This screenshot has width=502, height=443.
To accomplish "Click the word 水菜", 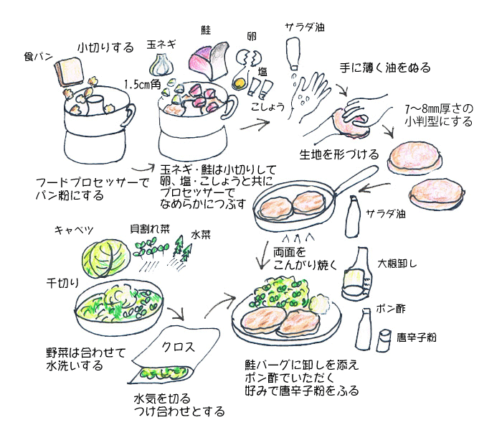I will tap(200, 235).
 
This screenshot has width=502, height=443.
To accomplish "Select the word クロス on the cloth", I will tap(178, 347).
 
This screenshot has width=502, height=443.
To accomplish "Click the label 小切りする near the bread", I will tap(105, 48).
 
